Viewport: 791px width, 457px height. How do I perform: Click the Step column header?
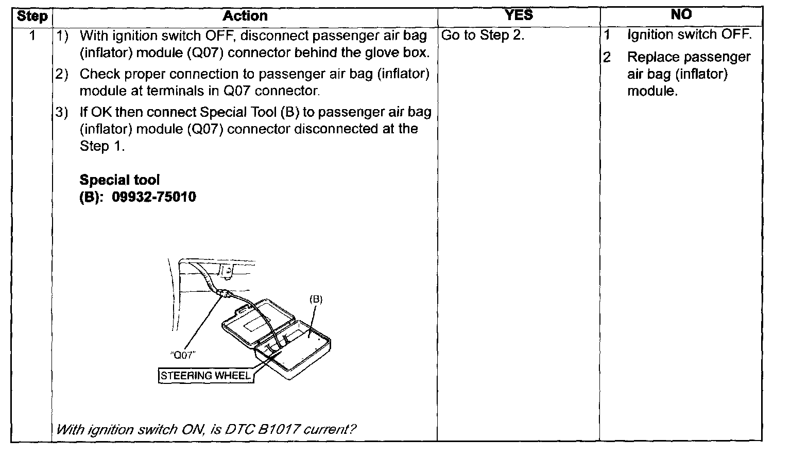[x=32, y=16]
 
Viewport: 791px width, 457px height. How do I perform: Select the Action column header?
[x=245, y=16]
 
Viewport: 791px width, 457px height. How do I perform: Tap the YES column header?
[x=519, y=15]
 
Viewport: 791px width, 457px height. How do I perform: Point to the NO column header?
[x=681, y=14]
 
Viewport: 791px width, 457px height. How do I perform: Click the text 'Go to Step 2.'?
[x=483, y=35]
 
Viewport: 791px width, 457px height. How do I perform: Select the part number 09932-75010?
[x=154, y=197]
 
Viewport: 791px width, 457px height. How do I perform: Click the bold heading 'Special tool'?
[x=119, y=180]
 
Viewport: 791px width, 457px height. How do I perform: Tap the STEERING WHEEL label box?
[x=206, y=376]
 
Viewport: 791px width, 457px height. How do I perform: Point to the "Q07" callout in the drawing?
[x=183, y=355]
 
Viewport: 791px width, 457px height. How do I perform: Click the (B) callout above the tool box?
[x=316, y=299]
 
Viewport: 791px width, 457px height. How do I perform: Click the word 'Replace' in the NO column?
[x=653, y=57]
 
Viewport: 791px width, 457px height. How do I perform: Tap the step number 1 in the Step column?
[x=32, y=36]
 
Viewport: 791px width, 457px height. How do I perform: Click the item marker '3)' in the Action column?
[x=62, y=112]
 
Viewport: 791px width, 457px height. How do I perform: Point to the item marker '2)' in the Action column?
[x=62, y=74]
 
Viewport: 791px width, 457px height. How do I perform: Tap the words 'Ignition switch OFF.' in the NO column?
[x=690, y=34]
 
